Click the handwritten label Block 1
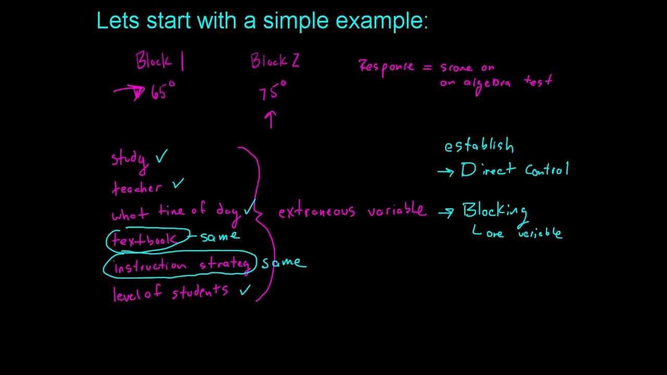click(159, 61)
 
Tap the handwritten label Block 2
click(275, 61)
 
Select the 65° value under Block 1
click(163, 92)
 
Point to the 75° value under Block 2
click(273, 92)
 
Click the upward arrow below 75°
click(270, 119)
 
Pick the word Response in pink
click(386, 67)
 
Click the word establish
click(478, 146)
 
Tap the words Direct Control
click(515, 170)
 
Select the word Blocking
click(495, 211)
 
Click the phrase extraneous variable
click(352, 211)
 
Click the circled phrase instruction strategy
click(181, 265)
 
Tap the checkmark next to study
click(161, 157)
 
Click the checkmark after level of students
click(244, 290)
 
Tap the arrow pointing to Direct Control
click(446, 171)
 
